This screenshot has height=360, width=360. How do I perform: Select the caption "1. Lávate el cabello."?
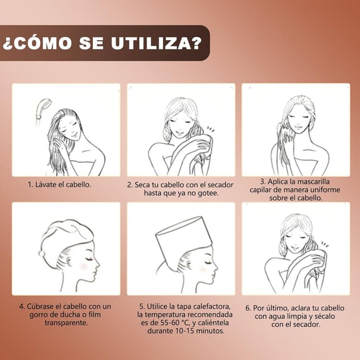click(x=59, y=184)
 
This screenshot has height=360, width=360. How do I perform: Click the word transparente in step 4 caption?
click(x=65, y=323)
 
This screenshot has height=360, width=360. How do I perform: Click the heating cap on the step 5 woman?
click(x=183, y=236)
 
